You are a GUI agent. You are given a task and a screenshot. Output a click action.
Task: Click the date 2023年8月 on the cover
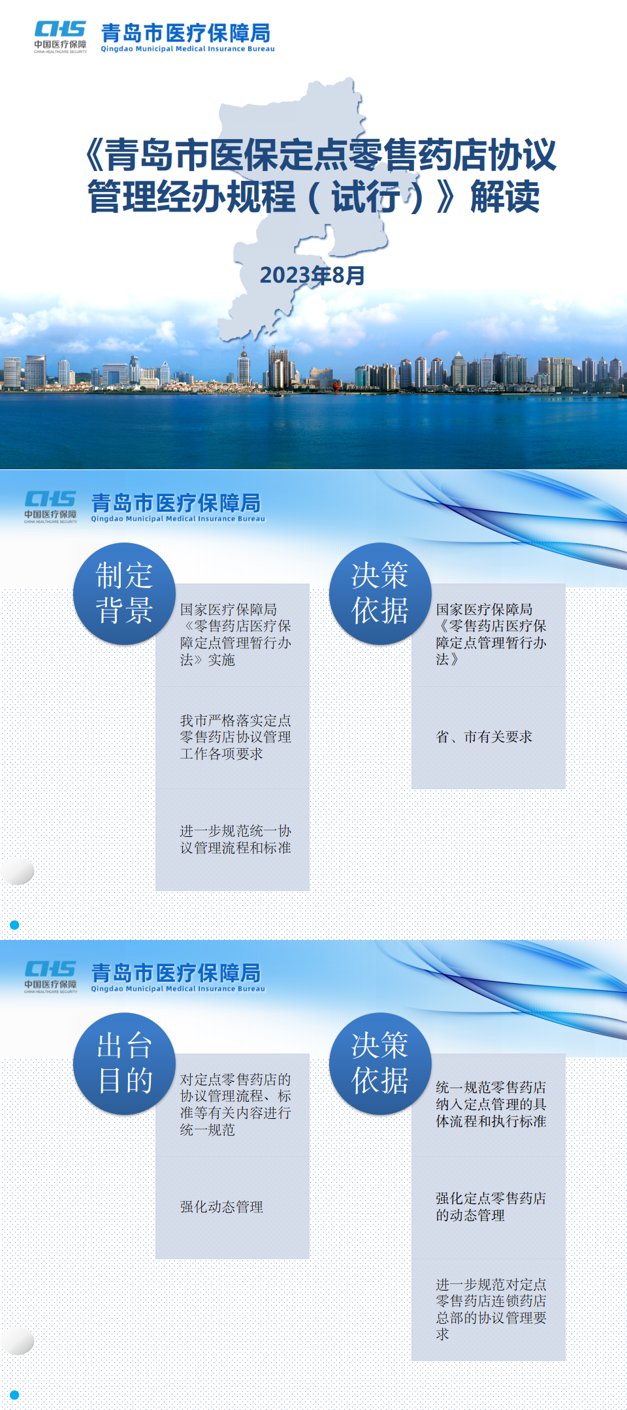(x=312, y=275)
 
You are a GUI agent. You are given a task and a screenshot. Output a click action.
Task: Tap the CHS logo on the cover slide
(x=60, y=37)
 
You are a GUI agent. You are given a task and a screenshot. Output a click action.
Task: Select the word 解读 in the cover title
(x=505, y=196)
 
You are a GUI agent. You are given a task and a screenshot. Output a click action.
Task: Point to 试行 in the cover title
(x=366, y=196)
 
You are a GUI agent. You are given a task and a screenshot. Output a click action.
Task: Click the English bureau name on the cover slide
(x=187, y=49)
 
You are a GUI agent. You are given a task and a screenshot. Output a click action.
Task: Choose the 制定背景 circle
(x=124, y=593)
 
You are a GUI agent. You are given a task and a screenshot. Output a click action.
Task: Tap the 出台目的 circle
(x=124, y=1063)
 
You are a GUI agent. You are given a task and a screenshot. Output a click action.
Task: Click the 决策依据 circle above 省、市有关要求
(x=380, y=593)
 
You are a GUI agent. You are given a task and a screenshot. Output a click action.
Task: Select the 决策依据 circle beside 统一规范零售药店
(x=380, y=1063)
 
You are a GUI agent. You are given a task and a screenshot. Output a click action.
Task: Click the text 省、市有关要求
(x=484, y=737)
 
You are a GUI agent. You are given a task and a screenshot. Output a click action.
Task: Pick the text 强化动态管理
(x=221, y=1207)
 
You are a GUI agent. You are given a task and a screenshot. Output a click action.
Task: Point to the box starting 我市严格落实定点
(x=233, y=738)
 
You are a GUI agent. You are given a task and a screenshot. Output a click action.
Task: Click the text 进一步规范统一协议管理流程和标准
(x=235, y=839)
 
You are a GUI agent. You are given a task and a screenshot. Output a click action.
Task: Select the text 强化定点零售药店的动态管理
(x=490, y=1207)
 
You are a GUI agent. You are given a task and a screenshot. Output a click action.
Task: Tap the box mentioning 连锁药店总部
(x=489, y=1309)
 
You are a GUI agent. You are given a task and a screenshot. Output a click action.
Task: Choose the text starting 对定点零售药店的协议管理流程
(x=235, y=1104)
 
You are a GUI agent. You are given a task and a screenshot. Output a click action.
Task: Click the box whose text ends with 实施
(x=233, y=635)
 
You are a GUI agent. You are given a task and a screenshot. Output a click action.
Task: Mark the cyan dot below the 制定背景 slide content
(x=14, y=925)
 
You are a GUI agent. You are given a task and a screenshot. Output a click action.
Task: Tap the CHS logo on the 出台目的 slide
(x=51, y=977)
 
